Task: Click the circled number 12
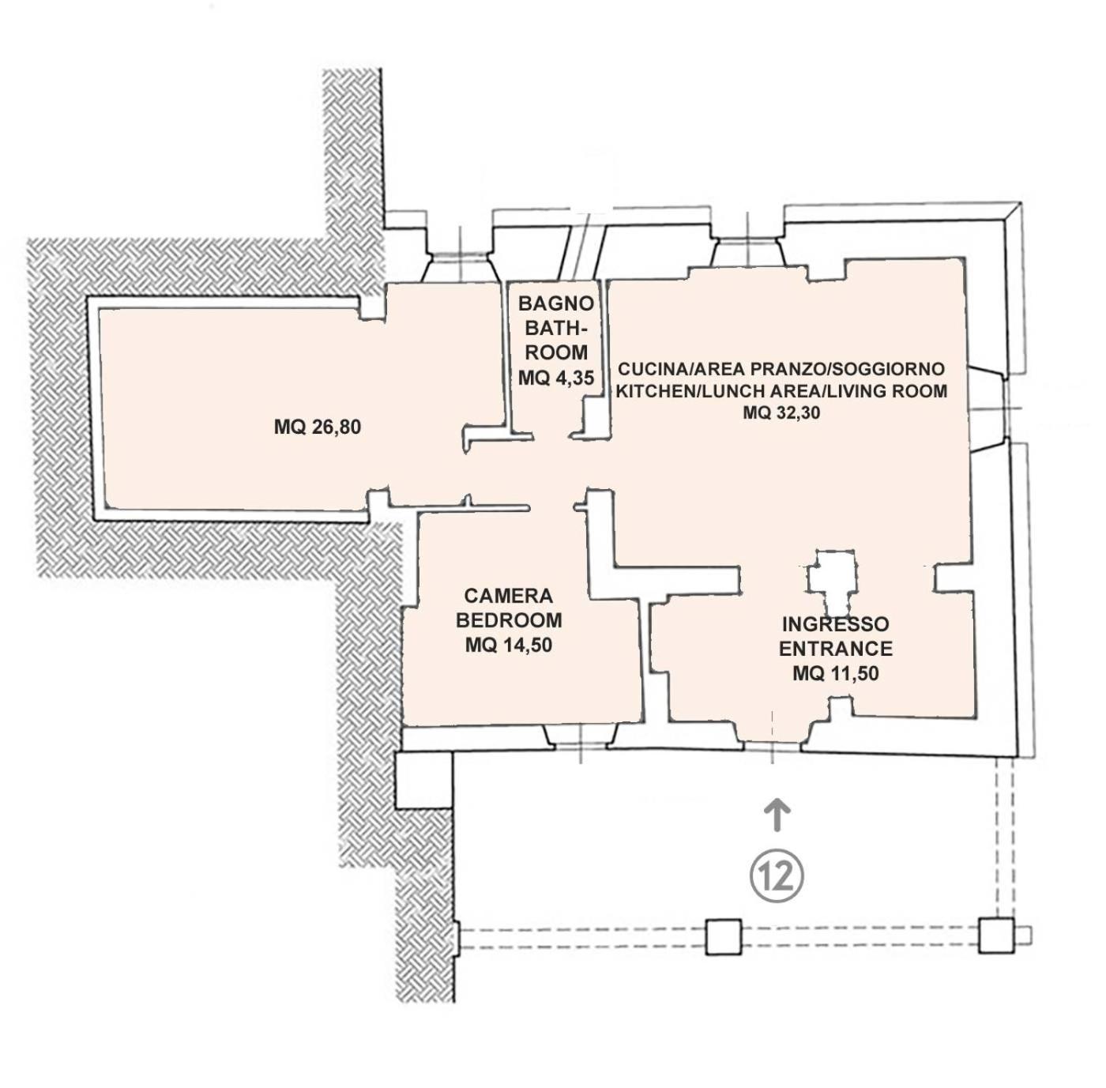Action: (x=777, y=877)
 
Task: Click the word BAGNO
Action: (x=555, y=303)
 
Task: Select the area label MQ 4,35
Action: (x=555, y=377)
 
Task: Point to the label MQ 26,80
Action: (x=318, y=427)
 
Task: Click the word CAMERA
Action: (x=509, y=596)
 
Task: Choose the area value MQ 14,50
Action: (x=509, y=645)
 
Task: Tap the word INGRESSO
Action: (x=836, y=623)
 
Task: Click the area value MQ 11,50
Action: (x=836, y=673)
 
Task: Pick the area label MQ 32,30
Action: (x=782, y=412)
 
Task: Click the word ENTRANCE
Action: (x=836, y=648)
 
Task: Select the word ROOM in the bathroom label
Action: (x=556, y=352)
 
